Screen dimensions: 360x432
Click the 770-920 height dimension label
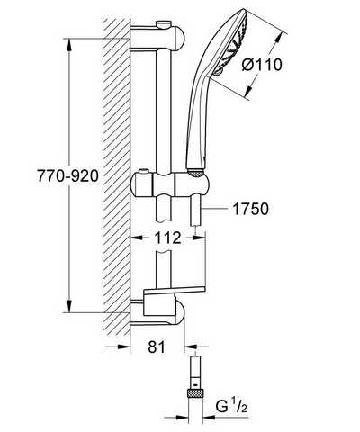[67, 175]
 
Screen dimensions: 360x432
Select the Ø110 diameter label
[262, 65]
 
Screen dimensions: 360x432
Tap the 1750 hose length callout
[250, 209]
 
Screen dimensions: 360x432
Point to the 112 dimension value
[167, 238]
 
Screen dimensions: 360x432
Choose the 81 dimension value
[157, 346]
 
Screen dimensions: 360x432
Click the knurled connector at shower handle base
[196, 174]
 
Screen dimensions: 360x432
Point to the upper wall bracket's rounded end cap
[178, 38]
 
